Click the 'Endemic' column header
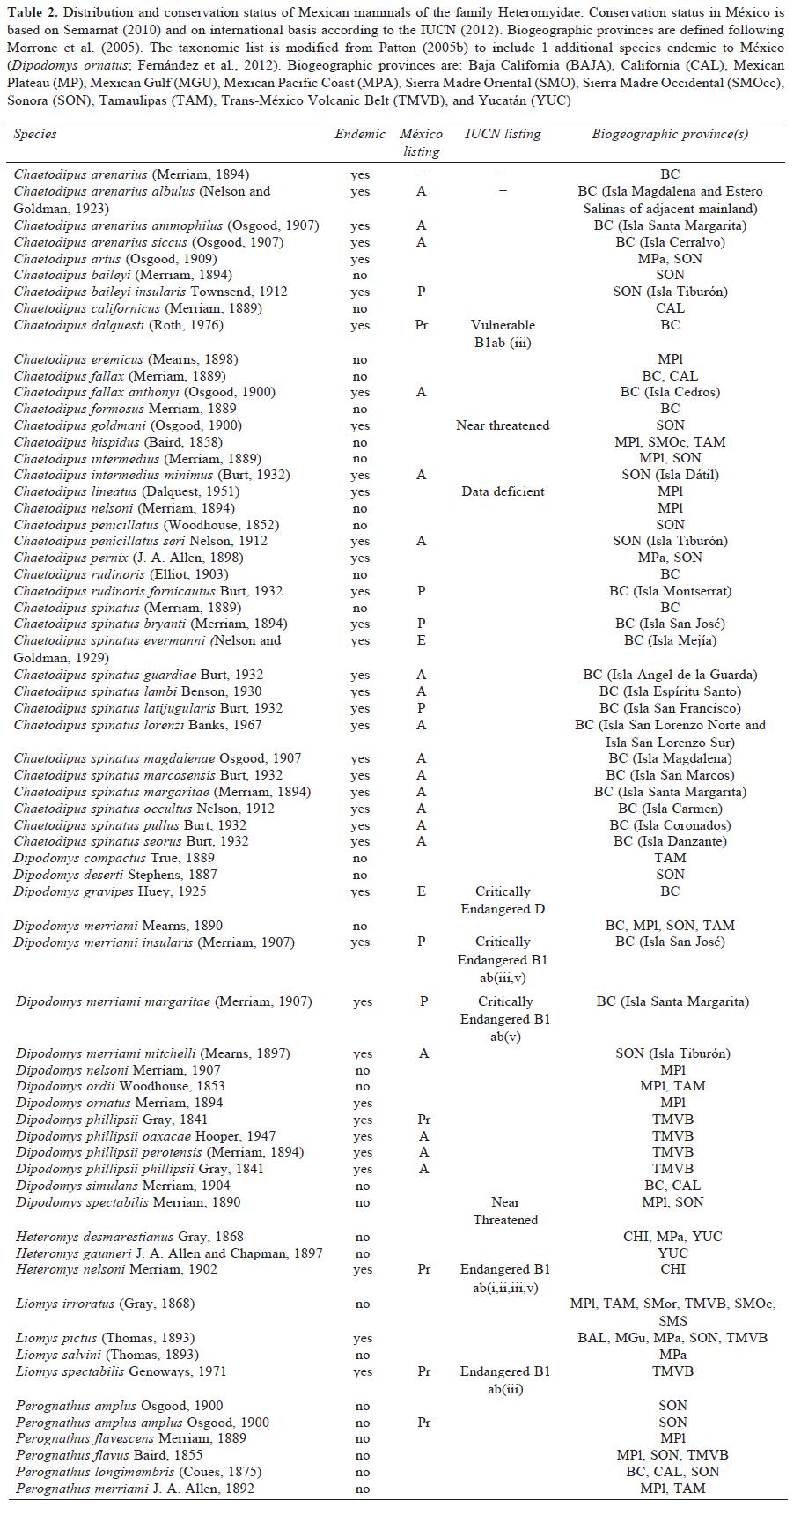tap(360, 134)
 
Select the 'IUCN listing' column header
tap(503, 134)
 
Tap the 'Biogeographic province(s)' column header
tap(670, 134)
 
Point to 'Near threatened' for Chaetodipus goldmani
tap(503, 425)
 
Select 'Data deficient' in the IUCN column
tap(503, 491)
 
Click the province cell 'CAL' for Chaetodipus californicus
tap(670, 308)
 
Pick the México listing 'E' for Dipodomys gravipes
tap(422, 891)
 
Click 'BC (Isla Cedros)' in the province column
tap(670, 392)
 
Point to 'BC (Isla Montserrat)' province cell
tap(670, 591)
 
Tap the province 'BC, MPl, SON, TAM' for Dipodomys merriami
tap(670, 926)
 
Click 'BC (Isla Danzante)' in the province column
tap(670, 841)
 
